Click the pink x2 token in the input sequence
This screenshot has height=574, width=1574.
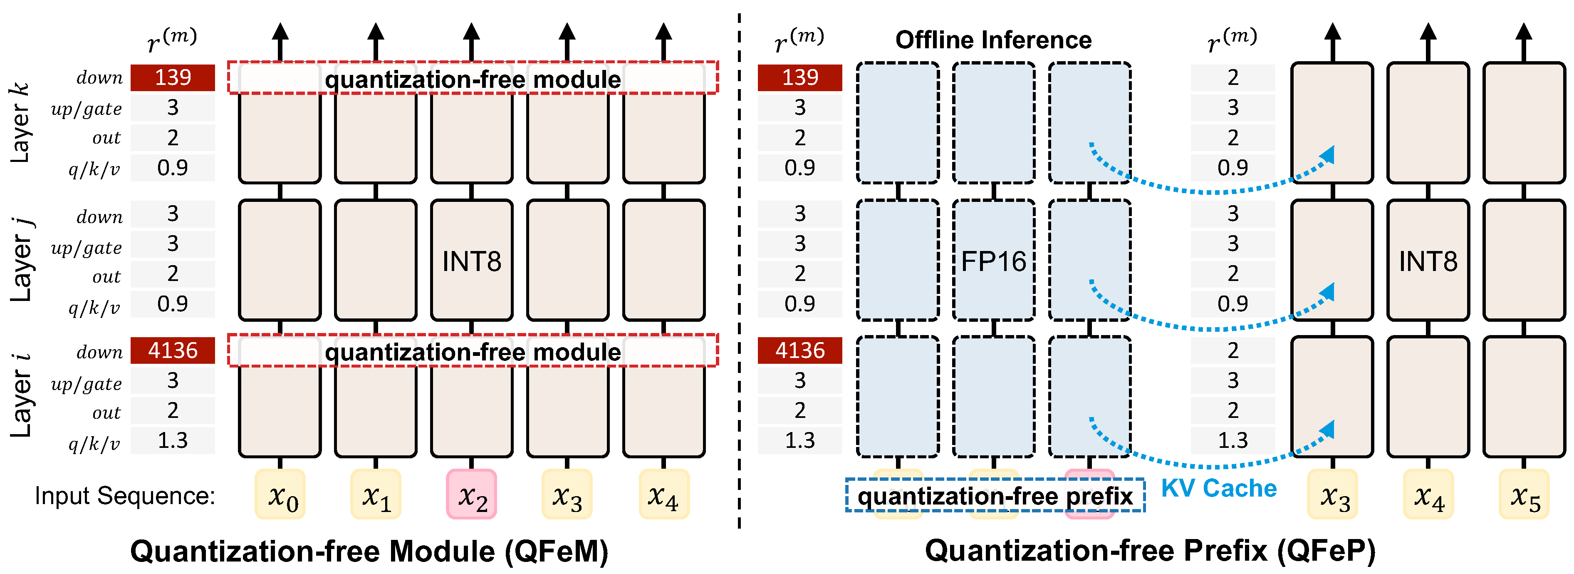pyautogui.click(x=471, y=494)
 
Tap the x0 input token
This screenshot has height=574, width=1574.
pyautogui.click(x=280, y=494)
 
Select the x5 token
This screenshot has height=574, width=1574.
pyautogui.click(x=1524, y=494)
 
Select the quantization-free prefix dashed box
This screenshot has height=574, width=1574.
pyautogui.click(x=995, y=496)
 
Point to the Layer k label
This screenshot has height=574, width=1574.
pyautogui.click(x=20, y=122)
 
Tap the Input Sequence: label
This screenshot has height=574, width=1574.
pyautogui.click(x=125, y=496)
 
